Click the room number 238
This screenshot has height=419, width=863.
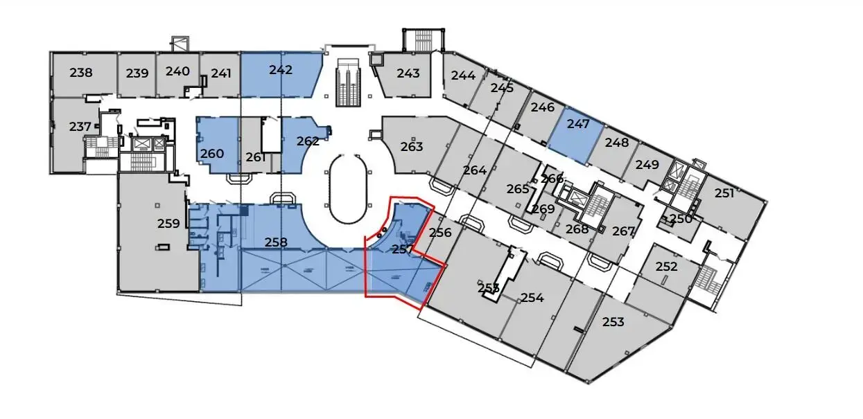click(82, 72)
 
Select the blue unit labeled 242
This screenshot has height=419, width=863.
click(281, 70)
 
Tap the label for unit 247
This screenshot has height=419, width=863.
click(577, 125)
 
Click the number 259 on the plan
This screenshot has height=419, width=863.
click(168, 224)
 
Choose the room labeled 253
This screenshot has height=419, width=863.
click(613, 321)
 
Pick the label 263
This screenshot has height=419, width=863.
click(412, 147)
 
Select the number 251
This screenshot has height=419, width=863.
click(724, 193)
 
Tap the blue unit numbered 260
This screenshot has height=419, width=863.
click(212, 154)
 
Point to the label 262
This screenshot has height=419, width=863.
click(308, 141)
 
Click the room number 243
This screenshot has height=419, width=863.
click(408, 73)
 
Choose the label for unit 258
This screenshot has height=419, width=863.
click(276, 242)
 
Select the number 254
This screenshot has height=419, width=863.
click(532, 298)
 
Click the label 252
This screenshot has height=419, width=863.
click(666, 267)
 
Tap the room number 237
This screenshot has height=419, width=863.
click(80, 127)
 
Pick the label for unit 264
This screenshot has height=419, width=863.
click(475, 170)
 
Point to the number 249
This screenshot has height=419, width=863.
click(647, 165)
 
